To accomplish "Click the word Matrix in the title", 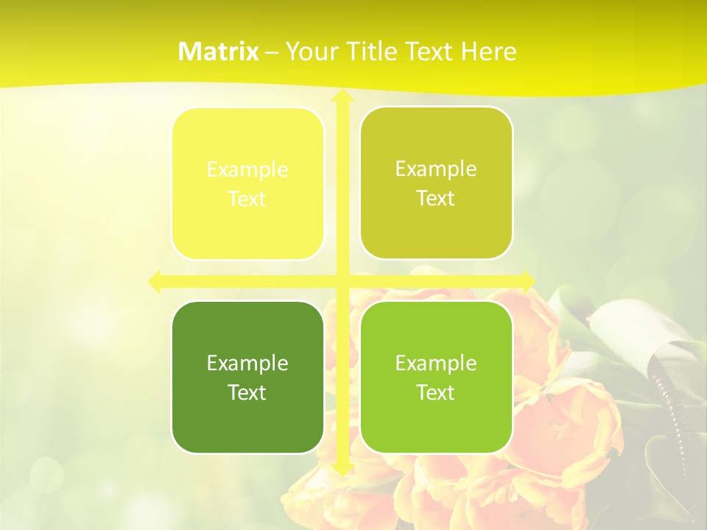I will [219, 52].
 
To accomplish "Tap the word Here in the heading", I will [489, 52].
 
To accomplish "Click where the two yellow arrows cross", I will [342, 281].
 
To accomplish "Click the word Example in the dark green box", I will [247, 363].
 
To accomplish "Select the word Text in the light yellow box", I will [247, 199].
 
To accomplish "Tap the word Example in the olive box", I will [436, 169].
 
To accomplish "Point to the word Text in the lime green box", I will [436, 392].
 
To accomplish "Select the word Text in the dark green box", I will [247, 392].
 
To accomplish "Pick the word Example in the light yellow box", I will [247, 169].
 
